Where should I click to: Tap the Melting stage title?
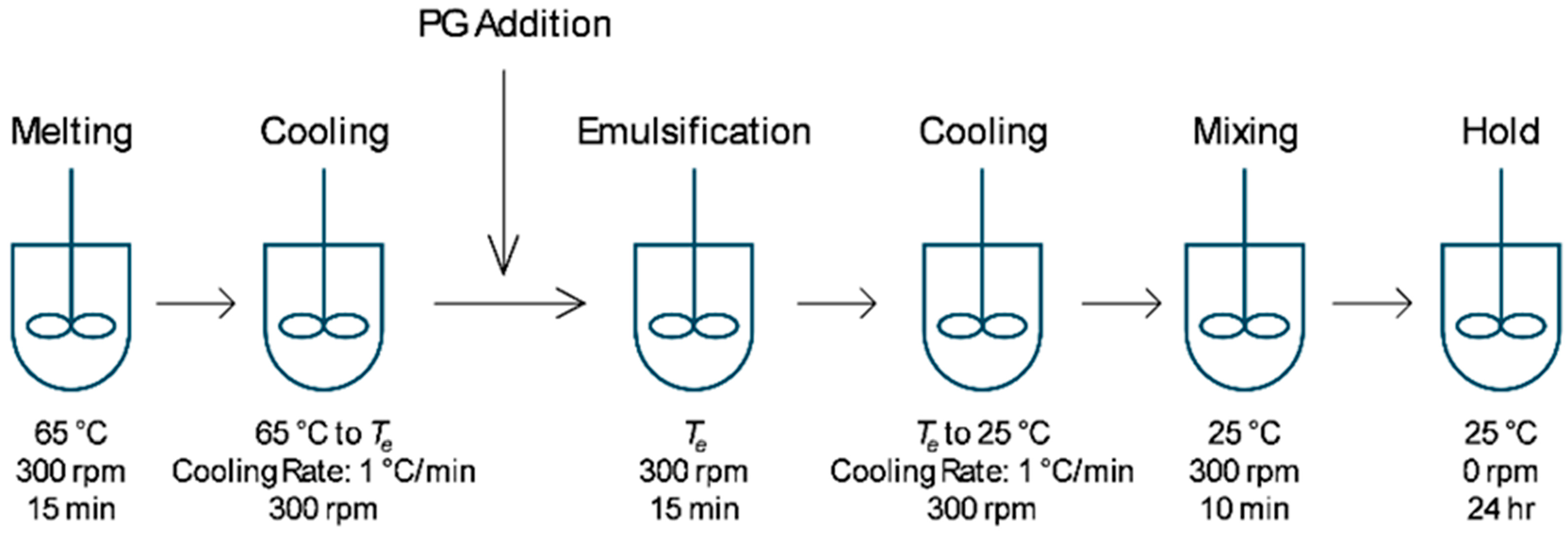pyautogui.click(x=72, y=132)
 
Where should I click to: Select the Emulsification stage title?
pyautogui.click(x=694, y=132)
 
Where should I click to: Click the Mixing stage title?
pyautogui.click(x=1245, y=132)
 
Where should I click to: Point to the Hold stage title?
pyautogui.click(x=1501, y=132)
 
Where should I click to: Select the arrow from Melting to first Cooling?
pyautogui.click(x=196, y=302)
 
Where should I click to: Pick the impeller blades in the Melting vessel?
pyautogui.click(x=72, y=326)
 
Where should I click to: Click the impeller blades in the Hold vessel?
pyautogui.click(x=1501, y=326)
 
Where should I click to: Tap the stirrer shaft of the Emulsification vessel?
pyautogui.click(x=694, y=243)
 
